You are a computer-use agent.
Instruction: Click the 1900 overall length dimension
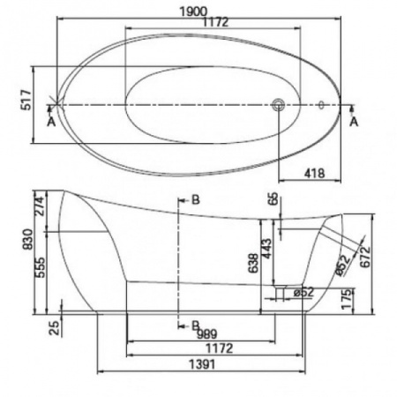193,11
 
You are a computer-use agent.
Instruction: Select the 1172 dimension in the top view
215,22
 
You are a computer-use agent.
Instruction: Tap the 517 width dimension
26,100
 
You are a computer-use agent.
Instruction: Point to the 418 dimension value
314,174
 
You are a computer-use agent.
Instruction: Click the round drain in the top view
278,105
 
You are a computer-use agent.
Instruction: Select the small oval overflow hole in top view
321,105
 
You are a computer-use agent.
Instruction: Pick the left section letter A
51,122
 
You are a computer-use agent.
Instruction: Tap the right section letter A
354,122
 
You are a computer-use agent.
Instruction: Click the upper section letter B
196,199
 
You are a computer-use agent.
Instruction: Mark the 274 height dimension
41,206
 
